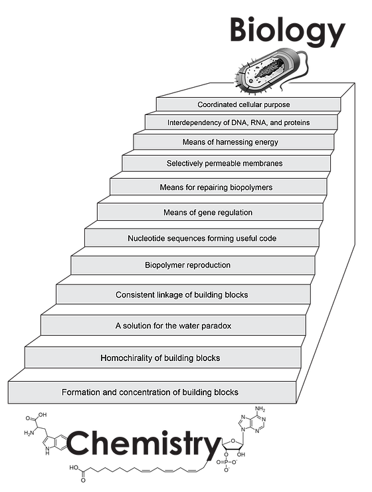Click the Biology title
click(x=288, y=31)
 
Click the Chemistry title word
click(x=144, y=443)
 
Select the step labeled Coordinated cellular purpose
click(x=244, y=104)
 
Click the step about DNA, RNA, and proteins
click(x=238, y=122)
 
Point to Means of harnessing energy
click(x=231, y=142)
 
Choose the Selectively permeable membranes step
click(x=225, y=163)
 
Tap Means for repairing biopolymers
click(x=217, y=187)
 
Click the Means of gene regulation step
click(x=208, y=213)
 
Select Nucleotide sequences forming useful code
click(x=202, y=238)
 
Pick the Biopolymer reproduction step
click(x=187, y=265)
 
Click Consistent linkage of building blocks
click(x=182, y=295)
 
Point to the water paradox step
click(x=173, y=326)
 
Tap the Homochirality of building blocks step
click(x=160, y=358)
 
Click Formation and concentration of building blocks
click(x=150, y=392)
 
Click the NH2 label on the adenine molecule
click(x=260, y=409)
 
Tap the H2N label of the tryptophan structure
click(x=29, y=433)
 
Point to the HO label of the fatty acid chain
click(x=74, y=468)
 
